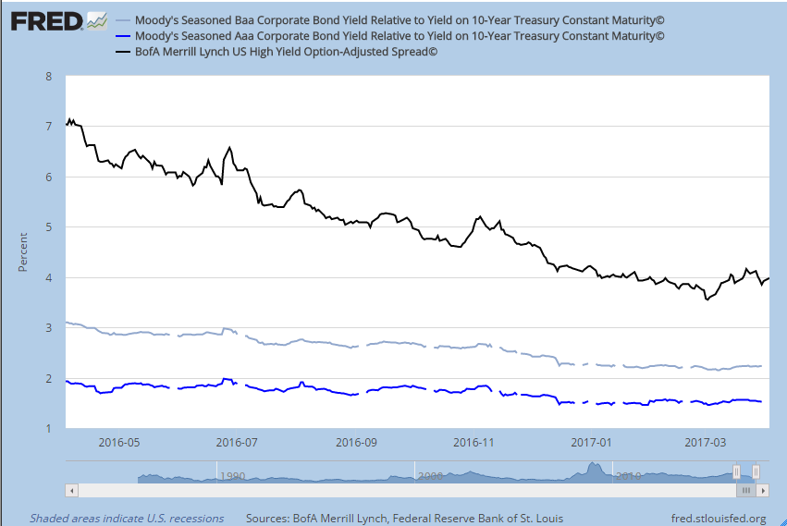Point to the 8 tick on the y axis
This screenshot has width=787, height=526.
coord(48,75)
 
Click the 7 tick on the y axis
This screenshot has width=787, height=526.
coord(48,126)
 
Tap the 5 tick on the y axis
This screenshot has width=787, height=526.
coord(48,226)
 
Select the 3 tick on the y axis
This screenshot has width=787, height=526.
coord(48,327)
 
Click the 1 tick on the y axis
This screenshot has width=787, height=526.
coord(48,429)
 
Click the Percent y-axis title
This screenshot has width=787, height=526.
coord(23,252)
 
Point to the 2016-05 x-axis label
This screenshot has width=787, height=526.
coord(119,442)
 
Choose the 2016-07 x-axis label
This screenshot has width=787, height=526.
coord(237,442)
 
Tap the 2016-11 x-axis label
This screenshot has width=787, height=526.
coord(474,442)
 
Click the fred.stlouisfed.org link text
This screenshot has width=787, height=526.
coord(718,518)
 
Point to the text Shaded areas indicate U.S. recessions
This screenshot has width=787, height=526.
coord(127,518)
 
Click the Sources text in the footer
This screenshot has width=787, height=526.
coord(404,518)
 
